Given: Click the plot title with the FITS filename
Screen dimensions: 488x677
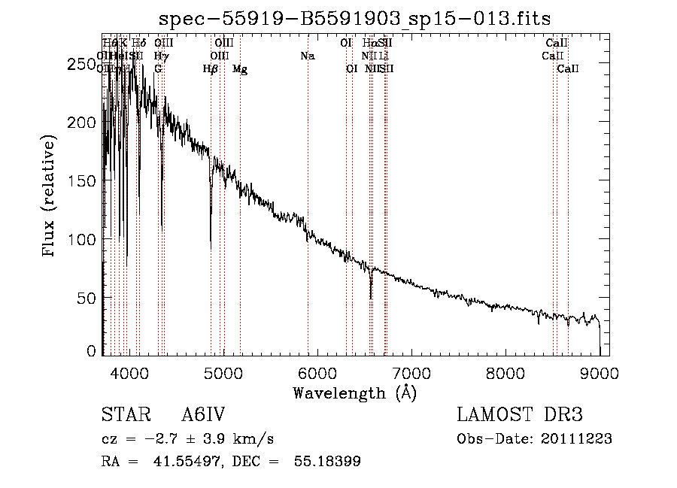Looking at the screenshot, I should point(360,19).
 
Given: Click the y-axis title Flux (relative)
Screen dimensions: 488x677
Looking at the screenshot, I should point(50,197).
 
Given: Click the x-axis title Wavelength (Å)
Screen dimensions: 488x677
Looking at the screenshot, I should point(354,393).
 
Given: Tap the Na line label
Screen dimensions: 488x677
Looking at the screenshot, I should point(307,56).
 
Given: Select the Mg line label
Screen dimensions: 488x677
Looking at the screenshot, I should point(240,69).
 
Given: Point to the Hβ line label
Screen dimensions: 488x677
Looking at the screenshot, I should point(211,69).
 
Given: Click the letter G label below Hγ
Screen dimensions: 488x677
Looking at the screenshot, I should point(158,69).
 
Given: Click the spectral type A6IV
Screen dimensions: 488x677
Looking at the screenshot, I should point(203,416).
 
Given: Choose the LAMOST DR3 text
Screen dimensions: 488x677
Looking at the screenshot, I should point(519,416).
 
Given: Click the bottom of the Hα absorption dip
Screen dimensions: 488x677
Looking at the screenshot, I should point(371,298).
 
